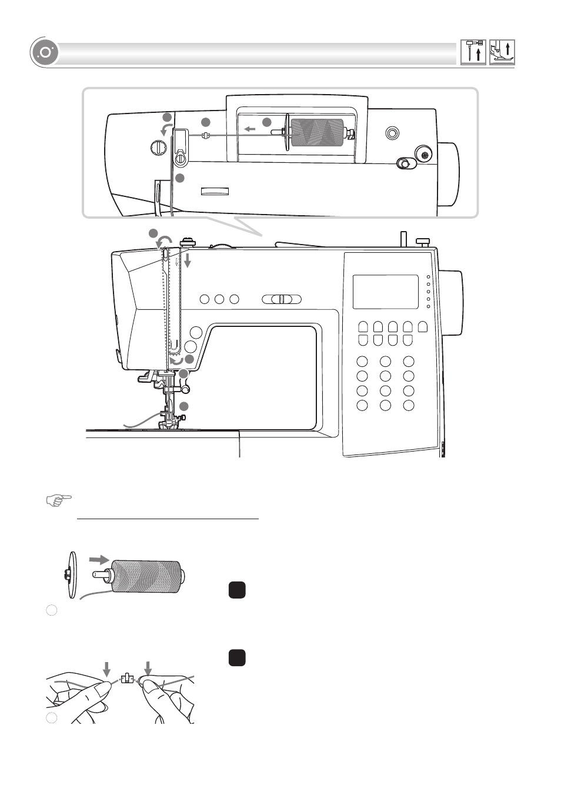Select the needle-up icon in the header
coord(473,52)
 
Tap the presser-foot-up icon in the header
coord(502,52)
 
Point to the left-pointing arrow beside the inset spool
coord(250,129)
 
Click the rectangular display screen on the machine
coord(385,292)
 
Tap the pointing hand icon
coord(59,500)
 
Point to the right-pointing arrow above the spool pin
coord(99,559)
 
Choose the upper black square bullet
coord(236,590)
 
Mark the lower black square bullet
coord(236,657)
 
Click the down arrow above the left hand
coord(106,669)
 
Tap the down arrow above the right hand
coord(148,669)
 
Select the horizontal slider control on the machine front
coord(282,299)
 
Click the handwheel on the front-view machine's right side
coord(451,302)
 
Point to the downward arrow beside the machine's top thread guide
coord(187,259)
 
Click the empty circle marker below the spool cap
coord(52,610)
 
